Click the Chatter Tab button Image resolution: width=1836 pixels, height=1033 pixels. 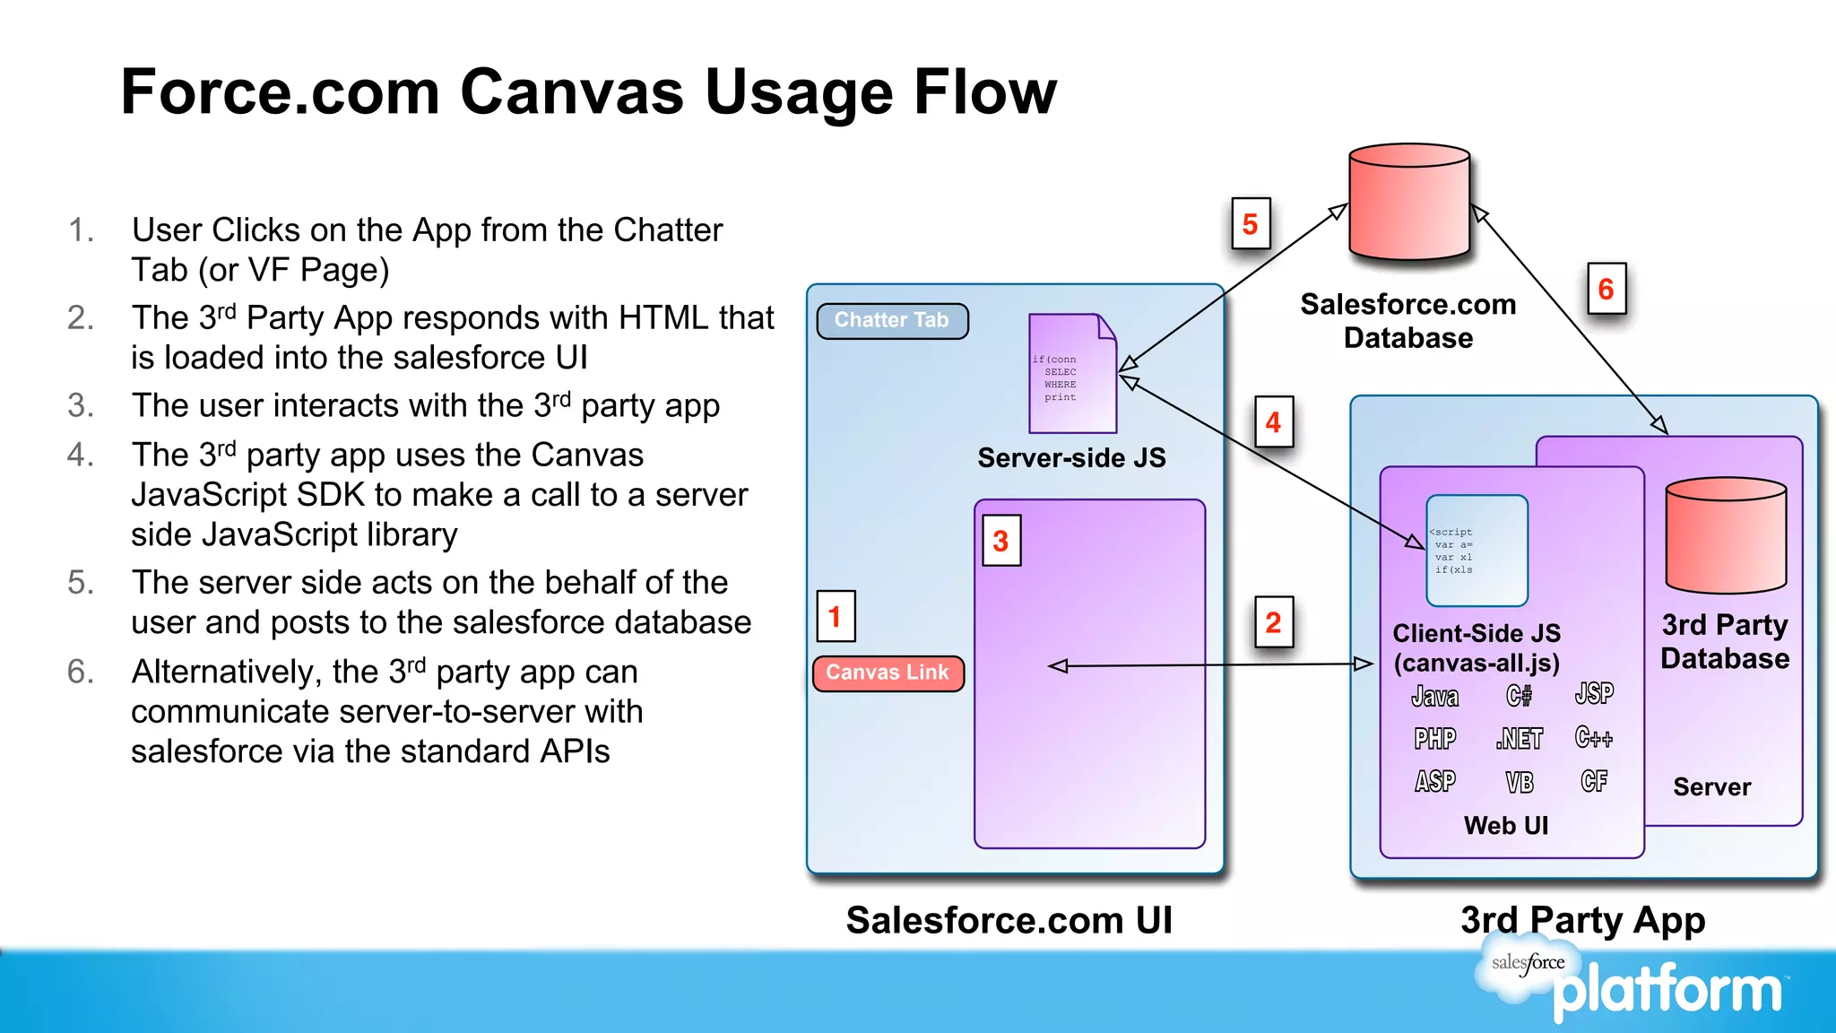[892, 321]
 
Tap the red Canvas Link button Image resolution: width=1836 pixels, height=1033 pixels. [888, 673]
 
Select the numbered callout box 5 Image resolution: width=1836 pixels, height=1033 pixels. [1251, 224]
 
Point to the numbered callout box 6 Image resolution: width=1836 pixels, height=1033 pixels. [1606, 289]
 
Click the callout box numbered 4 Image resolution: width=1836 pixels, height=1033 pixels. [1273, 421]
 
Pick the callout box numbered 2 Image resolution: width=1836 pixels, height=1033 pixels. [1273, 622]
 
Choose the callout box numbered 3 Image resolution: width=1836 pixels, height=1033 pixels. [1001, 541]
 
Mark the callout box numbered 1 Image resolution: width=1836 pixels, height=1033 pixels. [836, 616]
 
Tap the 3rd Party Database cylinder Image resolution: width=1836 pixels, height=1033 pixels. [1726, 535]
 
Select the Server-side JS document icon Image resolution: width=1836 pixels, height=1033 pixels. [1072, 373]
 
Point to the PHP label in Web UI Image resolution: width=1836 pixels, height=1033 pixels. [1435, 738]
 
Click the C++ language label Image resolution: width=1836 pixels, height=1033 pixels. [1594, 737]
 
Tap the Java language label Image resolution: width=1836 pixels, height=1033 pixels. [1435, 696]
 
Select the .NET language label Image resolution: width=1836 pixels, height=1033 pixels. [1520, 738]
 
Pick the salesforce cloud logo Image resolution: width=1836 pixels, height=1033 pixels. [1528, 964]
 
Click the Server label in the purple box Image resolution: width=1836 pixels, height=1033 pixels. [1711, 786]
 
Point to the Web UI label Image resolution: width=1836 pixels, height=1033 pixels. [1506, 825]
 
